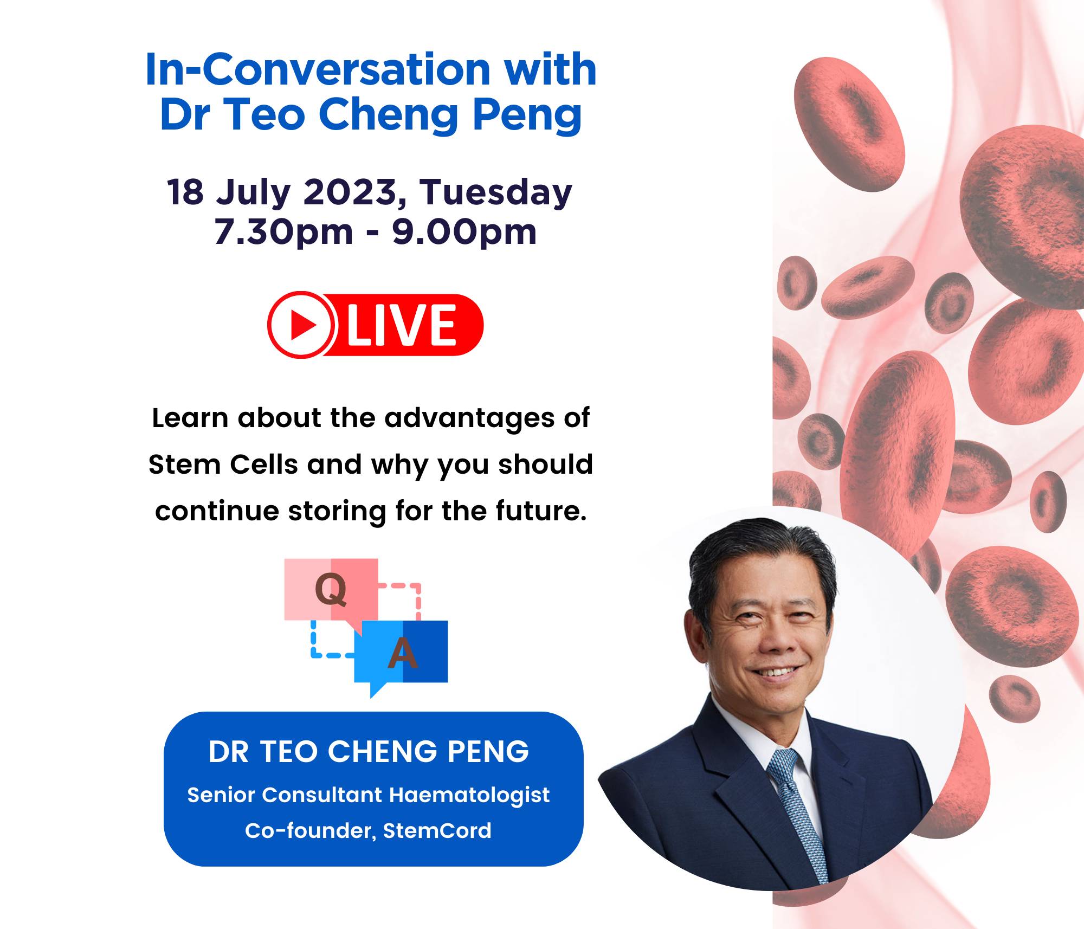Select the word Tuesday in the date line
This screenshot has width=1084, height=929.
tap(496, 193)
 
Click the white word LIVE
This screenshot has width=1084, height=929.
tap(402, 325)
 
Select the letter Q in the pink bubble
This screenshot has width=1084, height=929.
tap(331, 589)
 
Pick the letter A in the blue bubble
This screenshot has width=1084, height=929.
tap(403, 653)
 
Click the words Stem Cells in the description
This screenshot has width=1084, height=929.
tap(223, 465)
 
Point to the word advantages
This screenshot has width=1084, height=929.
tap(467, 419)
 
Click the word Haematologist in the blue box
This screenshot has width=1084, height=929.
tap(469, 795)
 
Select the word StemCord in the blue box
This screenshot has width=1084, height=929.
tap(437, 831)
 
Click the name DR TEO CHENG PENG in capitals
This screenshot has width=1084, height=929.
tap(369, 752)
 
